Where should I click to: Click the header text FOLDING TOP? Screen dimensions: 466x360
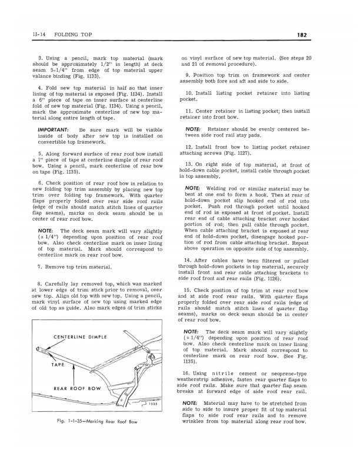pos(65,35)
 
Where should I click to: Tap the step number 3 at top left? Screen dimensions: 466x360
pos(39,58)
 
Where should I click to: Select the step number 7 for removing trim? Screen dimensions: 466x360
pos(39,267)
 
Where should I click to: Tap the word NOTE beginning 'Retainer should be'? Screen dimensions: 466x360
pos(194,128)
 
